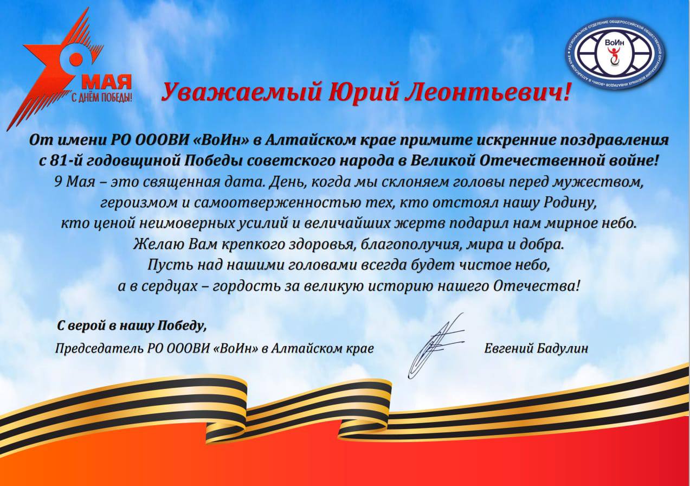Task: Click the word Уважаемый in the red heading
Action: [241, 92]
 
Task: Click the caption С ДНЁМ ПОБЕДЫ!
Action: [102, 98]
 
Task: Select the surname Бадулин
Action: [562, 349]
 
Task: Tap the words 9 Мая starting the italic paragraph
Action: [74, 182]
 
